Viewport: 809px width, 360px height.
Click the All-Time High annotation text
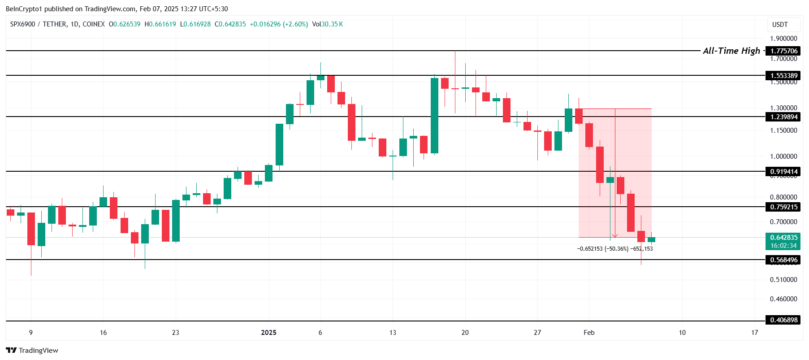point(731,51)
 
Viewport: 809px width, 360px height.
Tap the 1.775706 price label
point(783,51)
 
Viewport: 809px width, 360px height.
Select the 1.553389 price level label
point(783,75)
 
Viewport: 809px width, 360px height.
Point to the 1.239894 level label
point(783,117)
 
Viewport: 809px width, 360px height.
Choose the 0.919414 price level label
point(783,171)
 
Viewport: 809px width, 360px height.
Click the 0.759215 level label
point(783,207)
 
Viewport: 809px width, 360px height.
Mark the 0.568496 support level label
point(783,260)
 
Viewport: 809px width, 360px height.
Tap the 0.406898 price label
point(783,320)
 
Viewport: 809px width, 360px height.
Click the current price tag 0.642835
point(783,238)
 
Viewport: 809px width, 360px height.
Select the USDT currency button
point(780,25)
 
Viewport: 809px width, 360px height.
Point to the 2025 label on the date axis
point(268,332)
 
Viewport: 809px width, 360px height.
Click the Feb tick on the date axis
point(589,332)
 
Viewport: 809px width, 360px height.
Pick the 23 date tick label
point(175,332)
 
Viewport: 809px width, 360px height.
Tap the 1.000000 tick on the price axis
point(783,156)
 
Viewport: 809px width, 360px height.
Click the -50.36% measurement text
point(617,249)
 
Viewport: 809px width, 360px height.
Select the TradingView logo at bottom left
point(32,350)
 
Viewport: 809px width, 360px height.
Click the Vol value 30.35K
point(332,24)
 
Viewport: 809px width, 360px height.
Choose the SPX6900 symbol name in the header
point(22,24)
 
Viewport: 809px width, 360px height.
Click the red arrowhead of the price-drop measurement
point(615,235)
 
